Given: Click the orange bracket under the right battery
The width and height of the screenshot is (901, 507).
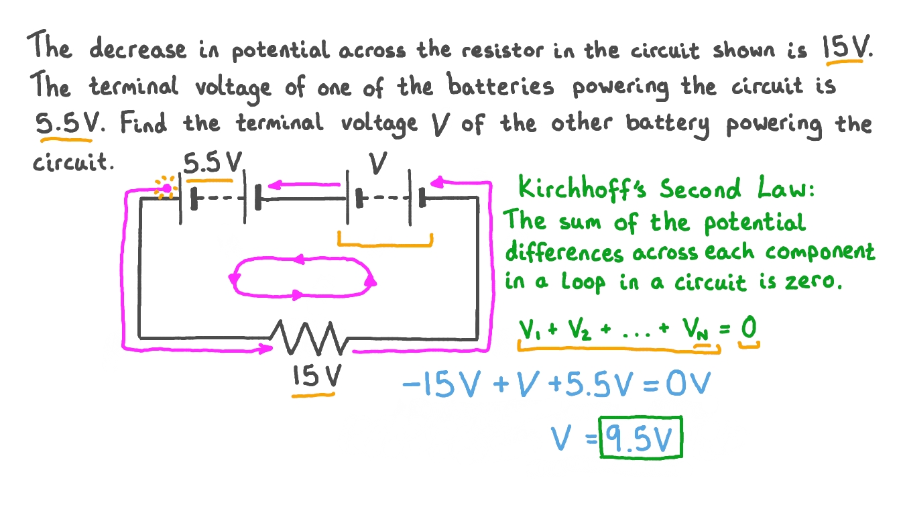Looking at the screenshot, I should pyautogui.click(x=385, y=241).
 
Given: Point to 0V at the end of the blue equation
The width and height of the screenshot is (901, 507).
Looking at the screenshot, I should pyautogui.click(x=690, y=386).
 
